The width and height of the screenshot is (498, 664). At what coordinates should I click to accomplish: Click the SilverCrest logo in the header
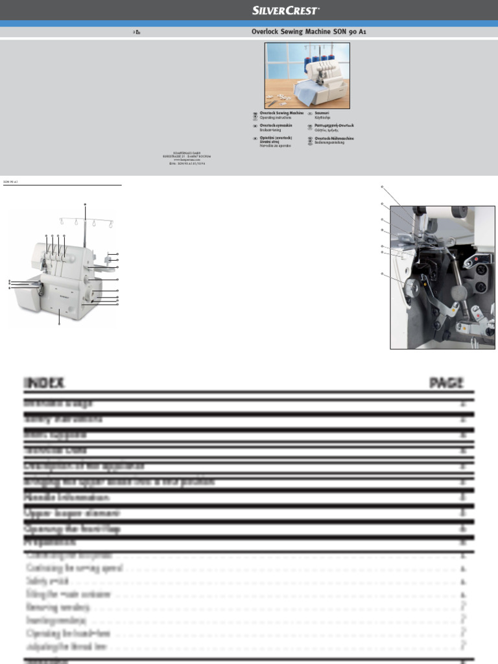point(286,10)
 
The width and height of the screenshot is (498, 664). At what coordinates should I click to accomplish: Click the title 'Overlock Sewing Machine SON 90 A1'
point(309,32)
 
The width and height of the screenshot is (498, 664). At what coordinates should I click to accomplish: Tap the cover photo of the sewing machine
point(307,75)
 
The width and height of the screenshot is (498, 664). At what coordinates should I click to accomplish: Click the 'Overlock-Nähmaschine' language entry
point(334,138)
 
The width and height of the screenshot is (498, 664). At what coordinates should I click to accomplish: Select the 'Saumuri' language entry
point(322,113)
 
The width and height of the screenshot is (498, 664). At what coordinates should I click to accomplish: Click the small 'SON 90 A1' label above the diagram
point(10,182)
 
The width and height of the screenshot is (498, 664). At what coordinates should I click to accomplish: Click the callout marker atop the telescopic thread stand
point(84,204)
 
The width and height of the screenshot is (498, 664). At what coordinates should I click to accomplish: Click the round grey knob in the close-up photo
point(458,293)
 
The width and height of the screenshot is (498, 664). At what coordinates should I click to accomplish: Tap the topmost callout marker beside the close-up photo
point(383,187)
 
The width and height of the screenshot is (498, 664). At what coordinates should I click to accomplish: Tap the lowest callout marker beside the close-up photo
point(383,275)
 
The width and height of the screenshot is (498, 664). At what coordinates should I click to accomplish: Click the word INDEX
point(44,383)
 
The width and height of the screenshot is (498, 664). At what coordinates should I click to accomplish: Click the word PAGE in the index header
point(446,383)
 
